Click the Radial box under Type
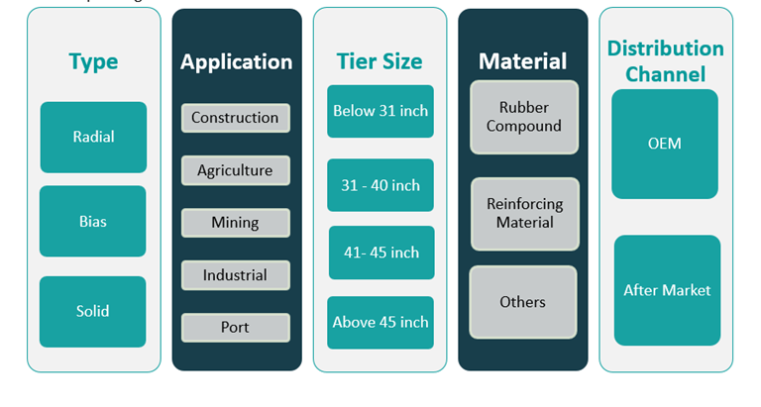coord(93,137)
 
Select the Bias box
coord(93,221)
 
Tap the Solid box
coord(93,311)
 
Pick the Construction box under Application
coord(235,118)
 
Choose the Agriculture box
coord(235,170)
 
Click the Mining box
coord(235,223)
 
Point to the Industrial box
coord(235,275)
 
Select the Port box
coord(235,328)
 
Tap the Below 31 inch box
coord(380,111)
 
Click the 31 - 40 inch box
coord(380,185)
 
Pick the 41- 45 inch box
coord(381,253)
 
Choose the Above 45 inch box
coord(380,322)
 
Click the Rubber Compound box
coord(523,117)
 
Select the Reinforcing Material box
coord(524,213)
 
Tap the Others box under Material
coord(523,302)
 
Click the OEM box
coord(664,144)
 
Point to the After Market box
coord(667,290)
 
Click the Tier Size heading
coord(380,61)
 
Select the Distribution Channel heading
coord(665,61)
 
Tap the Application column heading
coord(236,62)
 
